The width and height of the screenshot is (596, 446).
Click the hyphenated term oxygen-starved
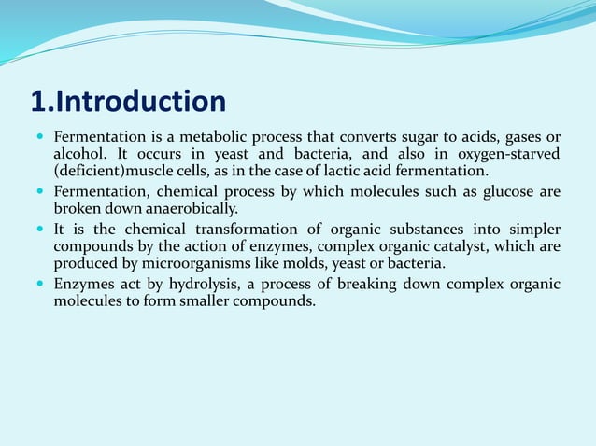506,154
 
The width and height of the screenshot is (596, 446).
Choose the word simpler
532,229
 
